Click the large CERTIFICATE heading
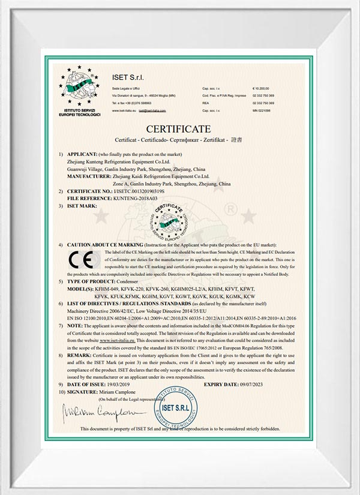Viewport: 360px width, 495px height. [x=179, y=129]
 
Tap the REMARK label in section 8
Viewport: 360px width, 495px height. [x=79, y=355]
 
